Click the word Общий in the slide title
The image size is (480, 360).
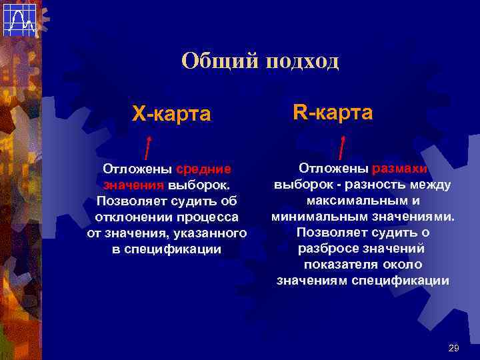tap(219, 62)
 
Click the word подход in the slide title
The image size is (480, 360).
tap(303, 62)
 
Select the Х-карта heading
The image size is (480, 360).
tap(171, 114)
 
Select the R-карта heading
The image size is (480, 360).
tap(333, 112)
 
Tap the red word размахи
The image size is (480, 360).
tap(400, 169)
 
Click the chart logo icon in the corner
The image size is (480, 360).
tap(19, 19)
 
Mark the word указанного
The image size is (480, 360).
tap(210, 233)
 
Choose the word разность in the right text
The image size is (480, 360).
tap(371, 185)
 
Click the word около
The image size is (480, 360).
tap(403, 265)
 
